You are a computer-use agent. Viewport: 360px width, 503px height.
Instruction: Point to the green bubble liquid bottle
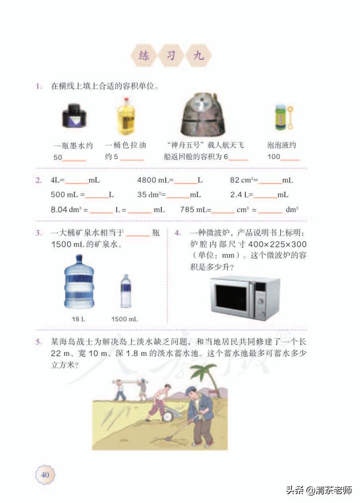[x=281, y=118]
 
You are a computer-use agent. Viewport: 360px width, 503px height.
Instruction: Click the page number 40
[x=45, y=474]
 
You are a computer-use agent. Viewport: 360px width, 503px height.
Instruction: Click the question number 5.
[x=39, y=342]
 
